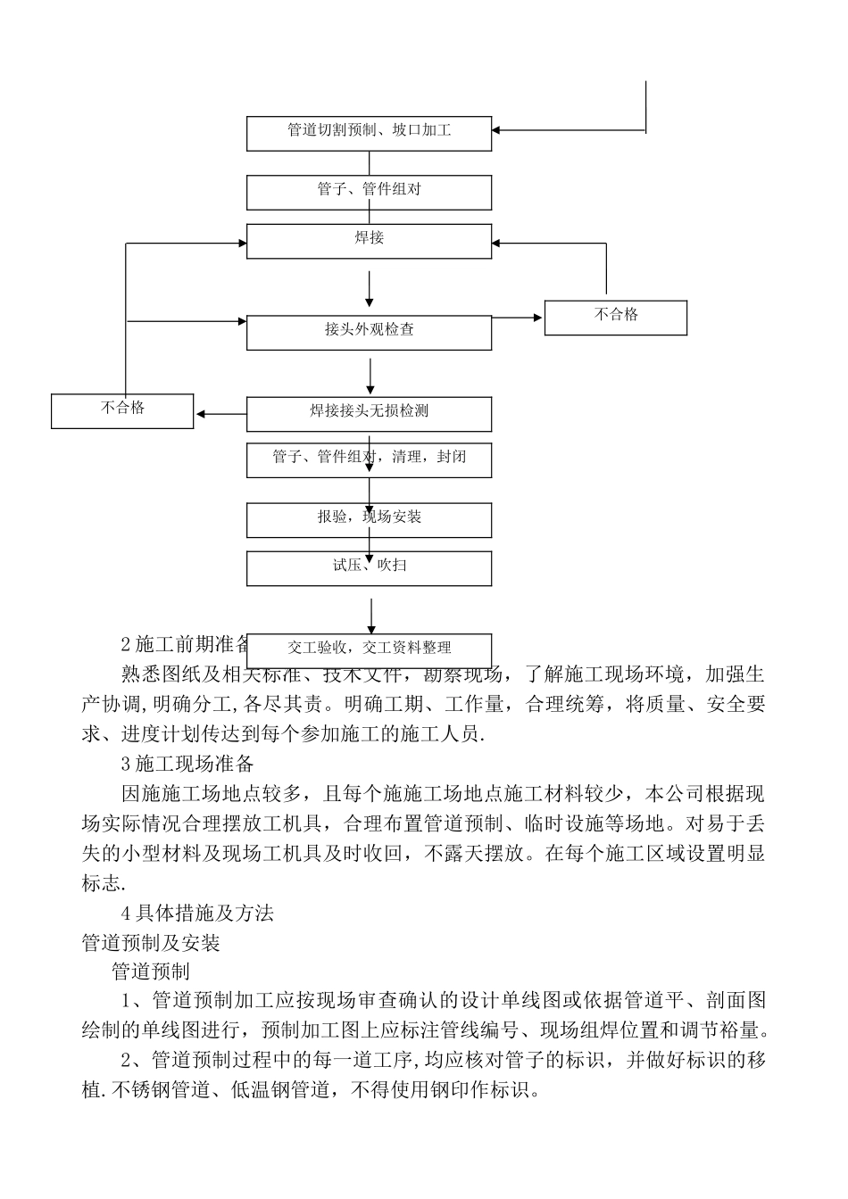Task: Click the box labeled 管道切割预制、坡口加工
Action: [369, 132]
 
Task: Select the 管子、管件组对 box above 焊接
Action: [369, 191]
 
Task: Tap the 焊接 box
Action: [369, 240]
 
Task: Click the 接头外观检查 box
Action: [369, 331]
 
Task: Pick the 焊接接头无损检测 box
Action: [369, 413]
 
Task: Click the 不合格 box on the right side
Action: [616, 317]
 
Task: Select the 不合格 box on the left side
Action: [122, 410]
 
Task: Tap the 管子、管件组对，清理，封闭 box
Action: [369, 459]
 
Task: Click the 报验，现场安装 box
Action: [369, 519]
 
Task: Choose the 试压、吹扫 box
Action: [369, 567]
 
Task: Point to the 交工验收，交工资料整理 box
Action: [369, 649]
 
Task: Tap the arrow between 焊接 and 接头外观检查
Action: [370, 291]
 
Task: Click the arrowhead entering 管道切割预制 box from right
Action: [497, 131]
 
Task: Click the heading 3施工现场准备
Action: [187, 765]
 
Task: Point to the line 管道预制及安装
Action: [151, 943]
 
